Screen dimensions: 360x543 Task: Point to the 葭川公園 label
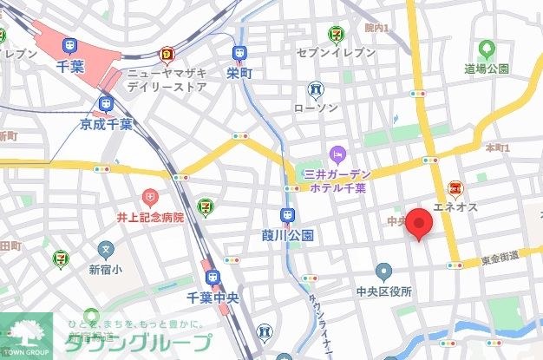pos(286,235)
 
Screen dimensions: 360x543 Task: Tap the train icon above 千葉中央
pos(213,278)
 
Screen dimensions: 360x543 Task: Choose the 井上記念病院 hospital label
pos(151,217)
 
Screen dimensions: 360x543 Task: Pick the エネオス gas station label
pos(455,208)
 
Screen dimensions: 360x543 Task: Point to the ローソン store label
pos(315,108)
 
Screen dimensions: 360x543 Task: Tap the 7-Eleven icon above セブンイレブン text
pos(335,35)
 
